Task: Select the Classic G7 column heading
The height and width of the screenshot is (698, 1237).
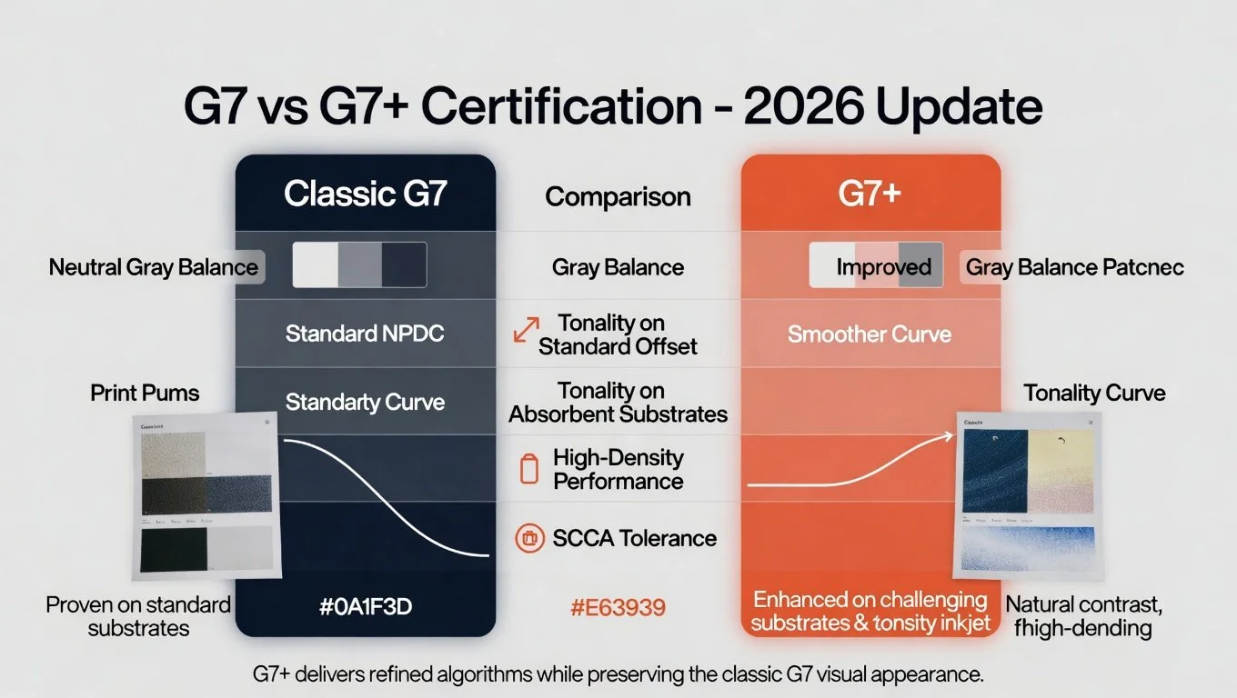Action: coord(365,194)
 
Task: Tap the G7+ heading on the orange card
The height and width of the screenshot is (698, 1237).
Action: coord(870,194)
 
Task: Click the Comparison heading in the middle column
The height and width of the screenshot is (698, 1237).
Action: coord(618,196)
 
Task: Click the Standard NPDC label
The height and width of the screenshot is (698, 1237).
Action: coord(365,334)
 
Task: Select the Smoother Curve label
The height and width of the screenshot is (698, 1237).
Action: coord(870,334)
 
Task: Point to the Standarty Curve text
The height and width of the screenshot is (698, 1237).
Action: coord(365,402)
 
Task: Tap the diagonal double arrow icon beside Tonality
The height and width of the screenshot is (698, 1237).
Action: coord(526,330)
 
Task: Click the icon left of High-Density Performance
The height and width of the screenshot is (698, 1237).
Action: coord(528,469)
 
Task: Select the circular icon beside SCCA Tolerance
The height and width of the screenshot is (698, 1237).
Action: coord(528,538)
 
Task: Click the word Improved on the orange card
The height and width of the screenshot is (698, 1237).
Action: coord(883,267)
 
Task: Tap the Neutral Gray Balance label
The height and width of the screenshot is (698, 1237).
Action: coord(154,267)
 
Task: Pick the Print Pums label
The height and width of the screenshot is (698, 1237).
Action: coord(145,393)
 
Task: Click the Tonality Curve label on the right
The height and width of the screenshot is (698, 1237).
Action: coord(1094,393)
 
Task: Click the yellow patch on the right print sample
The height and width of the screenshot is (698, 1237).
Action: coord(1065,459)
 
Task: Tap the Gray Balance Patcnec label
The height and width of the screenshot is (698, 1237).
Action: coord(1074,267)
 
